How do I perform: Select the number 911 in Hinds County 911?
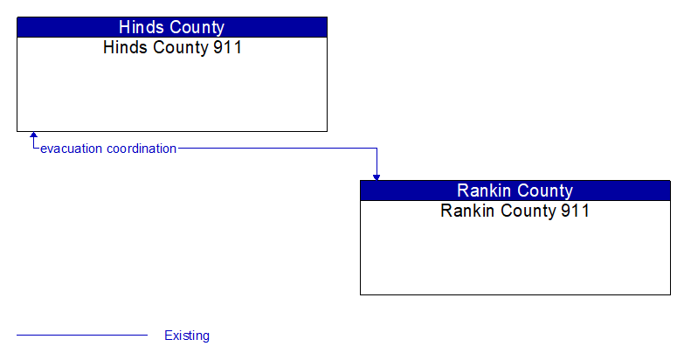227,47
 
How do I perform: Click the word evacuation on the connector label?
72,149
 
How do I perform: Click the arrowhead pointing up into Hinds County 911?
33,136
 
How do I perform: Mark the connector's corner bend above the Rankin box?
377,149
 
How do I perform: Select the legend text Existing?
187,336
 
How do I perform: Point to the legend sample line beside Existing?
82,335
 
